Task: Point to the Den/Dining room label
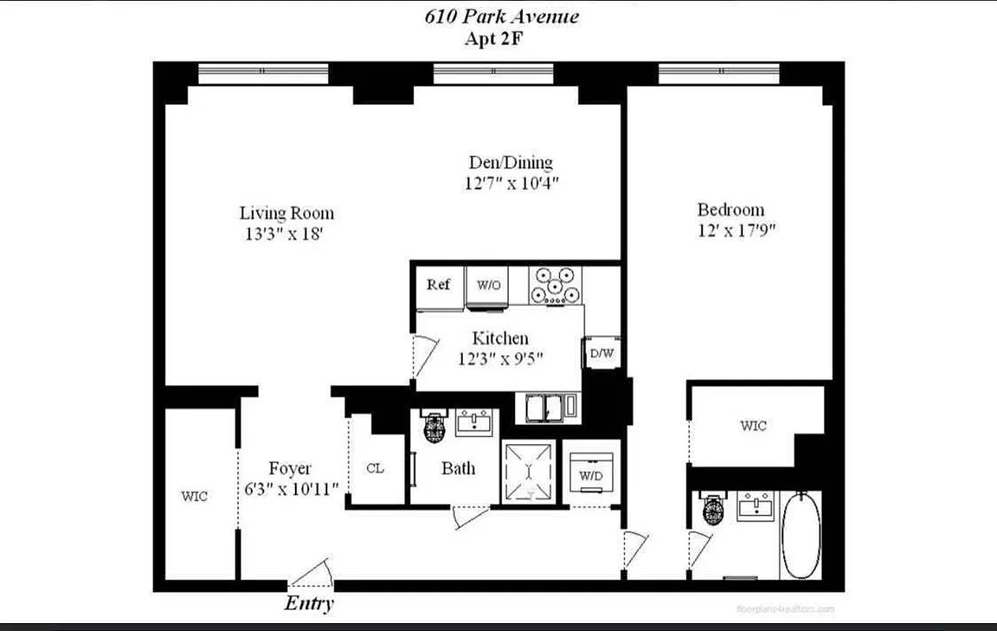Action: pos(510,162)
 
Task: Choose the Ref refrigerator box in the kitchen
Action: pos(439,286)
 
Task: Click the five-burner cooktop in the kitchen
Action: pos(555,286)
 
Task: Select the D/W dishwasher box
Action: pos(602,353)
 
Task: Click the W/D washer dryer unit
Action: pos(592,472)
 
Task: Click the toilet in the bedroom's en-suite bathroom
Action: pos(713,512)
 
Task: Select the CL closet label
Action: pos(375,468)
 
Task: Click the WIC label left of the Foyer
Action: pos(195,496)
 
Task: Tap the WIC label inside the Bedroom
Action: pos(752,426)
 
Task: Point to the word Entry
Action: pos(308,604)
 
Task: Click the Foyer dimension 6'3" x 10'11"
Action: pos(291,489)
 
